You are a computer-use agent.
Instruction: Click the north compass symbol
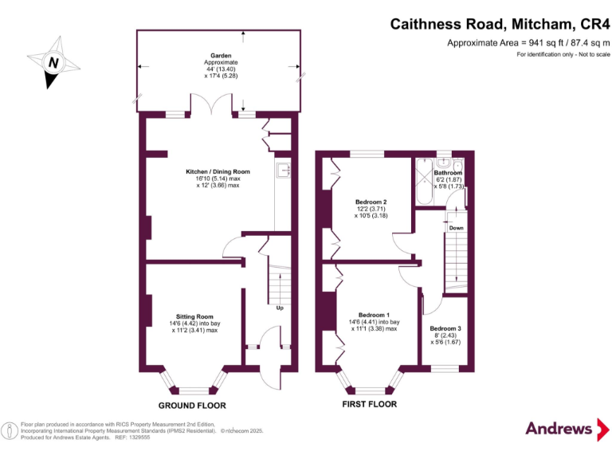coord(53,62)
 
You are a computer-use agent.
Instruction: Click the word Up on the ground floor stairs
coord(280,308)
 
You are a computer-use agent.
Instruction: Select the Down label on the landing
coord(456,228)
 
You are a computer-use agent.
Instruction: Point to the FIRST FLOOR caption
coord(370,405)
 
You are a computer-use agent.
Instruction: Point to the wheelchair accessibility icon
coord(10,430)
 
